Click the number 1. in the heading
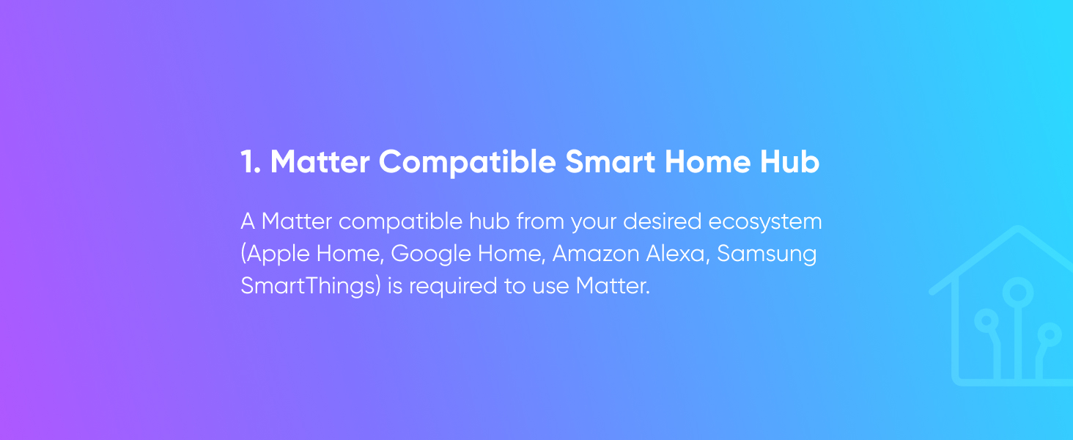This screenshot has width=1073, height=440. click(x=250, y=163)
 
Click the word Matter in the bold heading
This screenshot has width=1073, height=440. click(x=319, y=163)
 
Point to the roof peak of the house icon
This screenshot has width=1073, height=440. click(x=1017, y=230)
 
